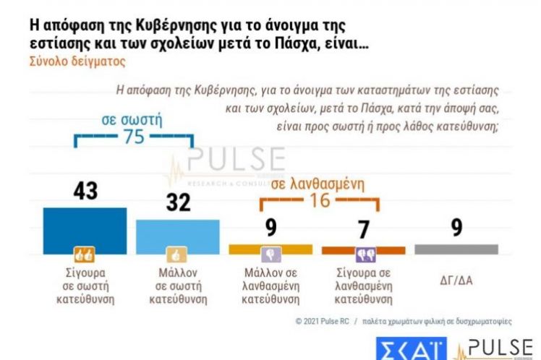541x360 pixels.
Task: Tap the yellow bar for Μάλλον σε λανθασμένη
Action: [270, 248]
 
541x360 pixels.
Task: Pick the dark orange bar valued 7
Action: [363, 249]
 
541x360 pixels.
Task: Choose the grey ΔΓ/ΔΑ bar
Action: [456, 249]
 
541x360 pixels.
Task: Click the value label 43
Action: [85, 192]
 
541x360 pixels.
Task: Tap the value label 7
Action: [363, 229]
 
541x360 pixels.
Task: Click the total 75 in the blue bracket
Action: [134, 137]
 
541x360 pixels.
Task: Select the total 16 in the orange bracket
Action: [320, 200]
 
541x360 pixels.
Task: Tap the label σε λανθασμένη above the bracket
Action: [316, 183]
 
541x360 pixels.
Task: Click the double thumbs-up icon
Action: [84, 254]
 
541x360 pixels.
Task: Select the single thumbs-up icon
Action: [177, 254]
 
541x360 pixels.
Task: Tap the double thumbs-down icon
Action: [363, 254]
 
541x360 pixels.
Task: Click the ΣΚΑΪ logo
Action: [410, 348]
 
